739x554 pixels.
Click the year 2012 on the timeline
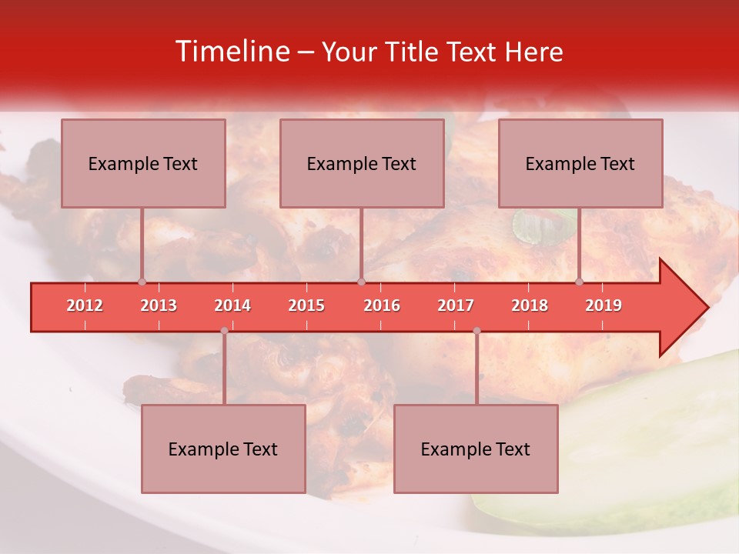pos(85,305)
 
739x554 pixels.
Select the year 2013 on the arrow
pos(159,305)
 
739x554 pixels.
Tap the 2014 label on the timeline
pos(232,305)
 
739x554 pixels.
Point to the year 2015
pos(306,305)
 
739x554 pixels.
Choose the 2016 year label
pos(382,305)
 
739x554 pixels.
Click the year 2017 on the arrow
pos(456,305)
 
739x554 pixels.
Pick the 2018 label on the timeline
pos(530,305)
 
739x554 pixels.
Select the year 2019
pos(604,305)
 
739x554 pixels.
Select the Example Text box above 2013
pos(143,163)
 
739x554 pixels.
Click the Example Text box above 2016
pos(362,163)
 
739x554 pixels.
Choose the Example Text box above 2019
pos(580,163)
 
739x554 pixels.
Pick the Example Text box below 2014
pos(223,449)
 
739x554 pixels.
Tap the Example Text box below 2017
pos(476,449)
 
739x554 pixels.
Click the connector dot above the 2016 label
pos(361,282)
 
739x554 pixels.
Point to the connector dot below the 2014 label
pos(224,331)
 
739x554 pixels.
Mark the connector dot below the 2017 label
pos(477,331)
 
